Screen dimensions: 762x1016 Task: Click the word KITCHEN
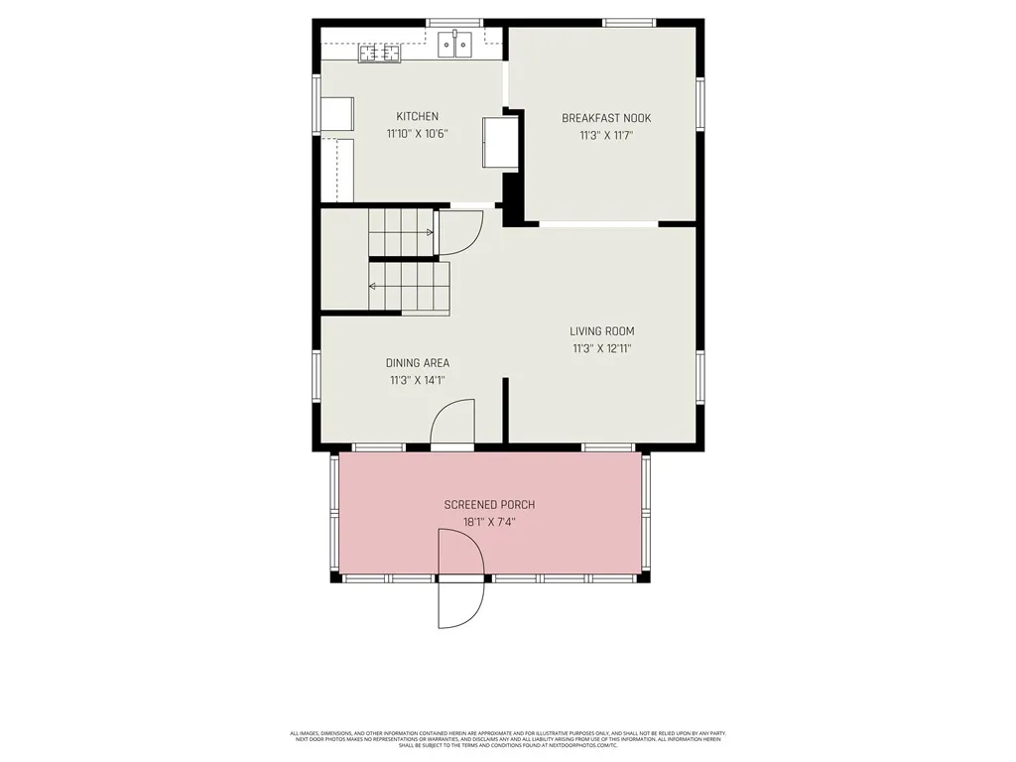click(417, 117)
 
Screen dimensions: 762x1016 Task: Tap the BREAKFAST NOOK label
click(606, 118)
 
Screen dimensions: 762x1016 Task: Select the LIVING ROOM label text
click(601, 331)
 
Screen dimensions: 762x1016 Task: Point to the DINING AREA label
click(418, 363)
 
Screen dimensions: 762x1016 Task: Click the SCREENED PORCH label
click(489, 505)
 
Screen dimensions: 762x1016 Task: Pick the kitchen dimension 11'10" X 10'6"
click(418, 134)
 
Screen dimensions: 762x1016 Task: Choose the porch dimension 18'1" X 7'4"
click(489, 522)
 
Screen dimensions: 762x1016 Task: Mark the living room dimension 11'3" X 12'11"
click(601, 348)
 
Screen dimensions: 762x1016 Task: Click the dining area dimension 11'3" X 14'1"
click(418, 380)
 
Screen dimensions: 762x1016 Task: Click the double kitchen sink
click(455, 44)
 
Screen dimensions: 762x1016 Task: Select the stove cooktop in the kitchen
click(379, 54)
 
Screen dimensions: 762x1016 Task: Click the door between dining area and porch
click(452, 422)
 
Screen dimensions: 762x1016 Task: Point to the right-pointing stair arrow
click(429, 233)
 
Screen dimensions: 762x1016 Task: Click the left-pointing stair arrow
click(373, 287)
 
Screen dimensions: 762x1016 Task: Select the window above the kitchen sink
click(454, 22)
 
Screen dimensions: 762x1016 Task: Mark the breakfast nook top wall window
click(629, 22)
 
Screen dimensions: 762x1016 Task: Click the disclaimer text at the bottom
click(508, 739)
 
